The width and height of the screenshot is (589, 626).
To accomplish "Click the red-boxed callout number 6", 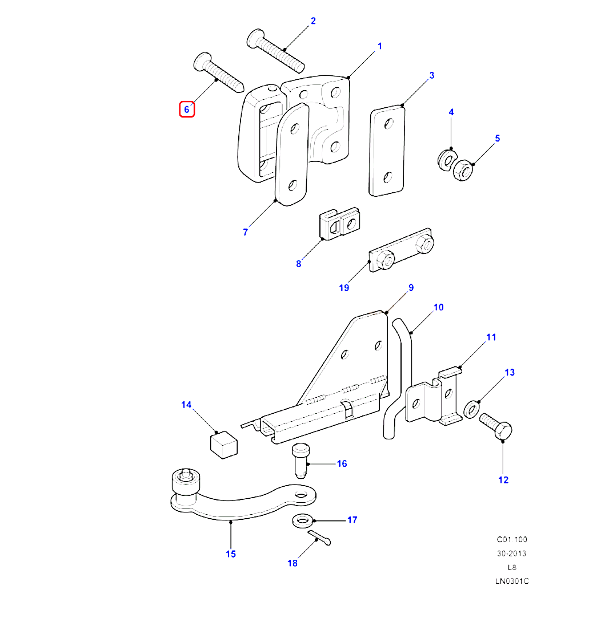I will [x=187, y=109].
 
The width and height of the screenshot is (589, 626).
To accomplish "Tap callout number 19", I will [x=343, y=288].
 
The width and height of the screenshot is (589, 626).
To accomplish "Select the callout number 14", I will [x=187, y=405].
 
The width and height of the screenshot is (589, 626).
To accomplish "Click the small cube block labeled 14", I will [x=223, y=443].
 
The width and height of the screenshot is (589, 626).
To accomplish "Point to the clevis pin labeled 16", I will [x=300, y=459].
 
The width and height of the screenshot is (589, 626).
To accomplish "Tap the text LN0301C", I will [x=511, y=581].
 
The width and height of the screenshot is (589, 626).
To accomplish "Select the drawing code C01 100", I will [x=511, y=539].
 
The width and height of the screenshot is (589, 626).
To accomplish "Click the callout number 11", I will [x=491, y=337].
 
